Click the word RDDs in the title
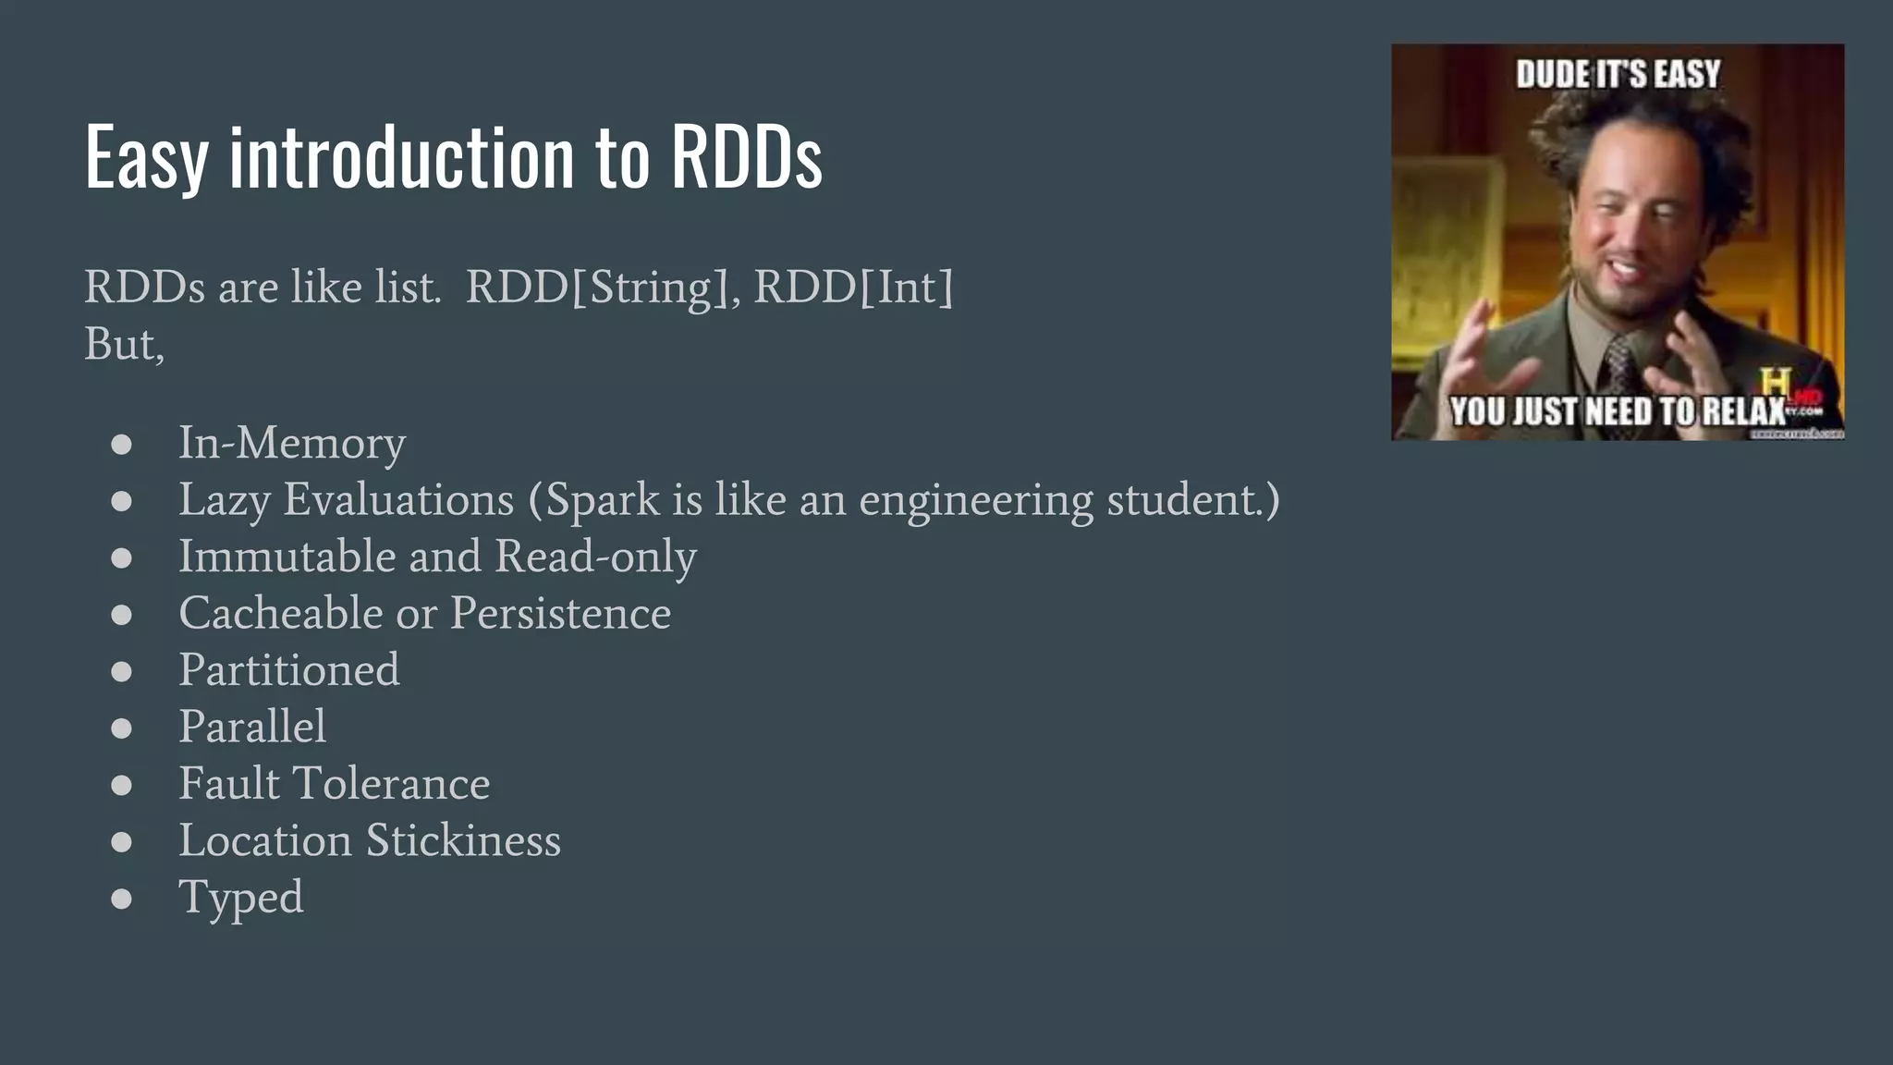[x=746, y=157]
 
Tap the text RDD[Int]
[x=853, y=288]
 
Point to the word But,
[x=124, y=345]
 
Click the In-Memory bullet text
[x=291, y=443]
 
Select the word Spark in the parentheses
[x=603, y=500]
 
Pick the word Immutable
[x=286, y=557]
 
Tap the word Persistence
[x=560, y=614]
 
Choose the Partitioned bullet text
[x=288, y=670]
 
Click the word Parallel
[x=251, y=727]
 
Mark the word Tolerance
[x=391, y=784]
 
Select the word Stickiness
[x=463, y=840]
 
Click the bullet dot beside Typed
[x=121, y=899]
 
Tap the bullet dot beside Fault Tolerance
[x=121, y=785]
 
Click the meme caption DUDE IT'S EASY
[x=1618, y=74]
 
